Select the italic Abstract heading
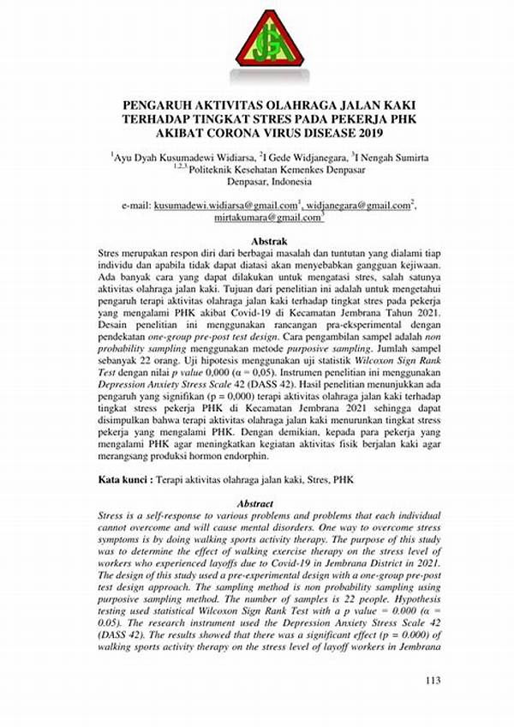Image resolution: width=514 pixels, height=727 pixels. point(257,505)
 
